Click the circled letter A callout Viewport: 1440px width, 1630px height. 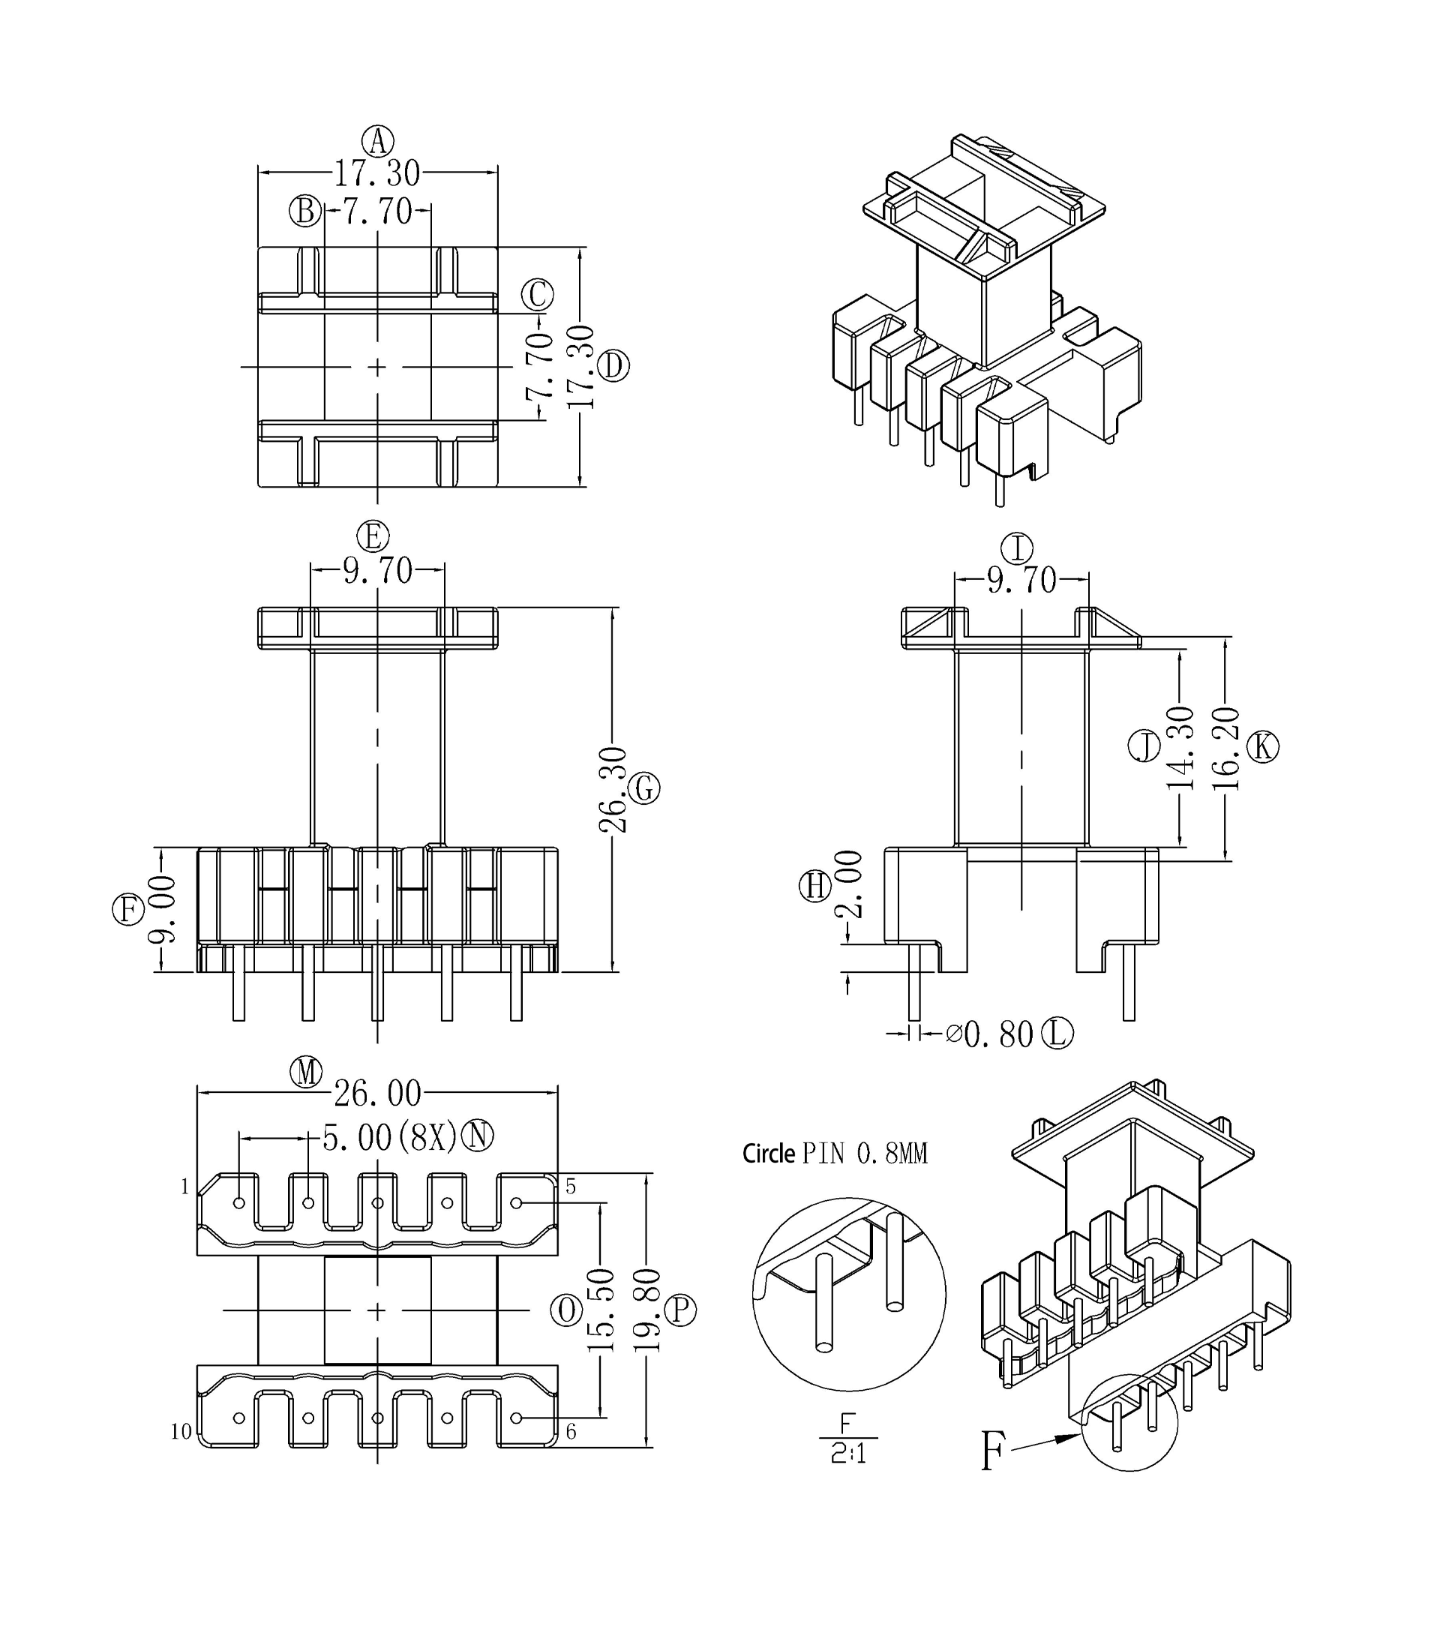coord(377,141)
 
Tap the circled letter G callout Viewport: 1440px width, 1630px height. coord(643,788)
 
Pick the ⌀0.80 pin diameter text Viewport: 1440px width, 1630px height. coord(989,1035)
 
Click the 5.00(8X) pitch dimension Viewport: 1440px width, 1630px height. coord(389,1138)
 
